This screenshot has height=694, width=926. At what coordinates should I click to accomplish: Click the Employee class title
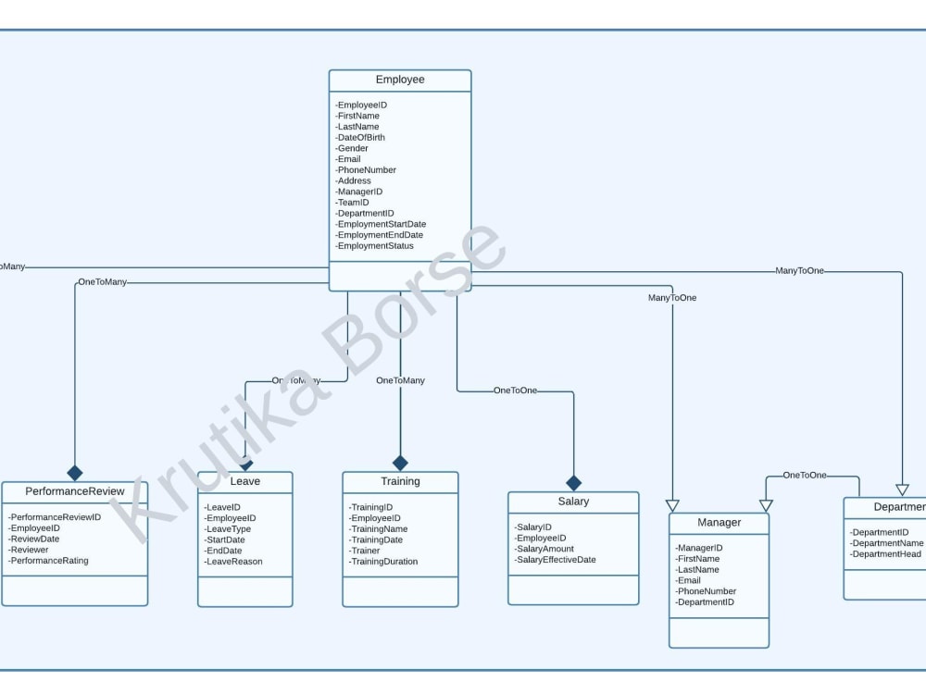[x=400, y=80]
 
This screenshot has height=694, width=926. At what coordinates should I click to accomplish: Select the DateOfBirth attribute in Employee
[x=361, y=138]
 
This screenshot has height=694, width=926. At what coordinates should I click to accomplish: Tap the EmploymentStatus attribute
[x=375, y=246]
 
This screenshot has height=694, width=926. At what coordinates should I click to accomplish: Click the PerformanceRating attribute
[x=49, y=561]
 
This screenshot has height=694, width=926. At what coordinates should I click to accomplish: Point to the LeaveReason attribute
[x=233, y=562]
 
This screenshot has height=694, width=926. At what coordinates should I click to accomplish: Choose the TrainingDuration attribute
[x=383, y=562]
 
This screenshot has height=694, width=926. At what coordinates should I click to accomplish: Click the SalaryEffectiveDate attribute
[x=556, y=560]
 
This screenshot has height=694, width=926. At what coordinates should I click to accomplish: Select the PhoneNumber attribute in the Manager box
[x=706, y=591]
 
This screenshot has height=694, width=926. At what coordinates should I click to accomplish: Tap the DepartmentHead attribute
[x=886, y=554]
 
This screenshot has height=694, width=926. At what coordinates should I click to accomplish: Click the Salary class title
[x=573, y=502]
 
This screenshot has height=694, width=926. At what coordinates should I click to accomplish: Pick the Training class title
[x=400, y=481]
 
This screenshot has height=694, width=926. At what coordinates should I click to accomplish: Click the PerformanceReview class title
[x=75, y=491]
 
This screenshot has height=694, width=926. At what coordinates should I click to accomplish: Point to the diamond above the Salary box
[x=573, y=483]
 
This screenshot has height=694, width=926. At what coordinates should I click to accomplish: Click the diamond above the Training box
[x=400, y=463]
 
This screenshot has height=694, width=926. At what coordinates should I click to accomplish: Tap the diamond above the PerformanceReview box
[x=75, y=473]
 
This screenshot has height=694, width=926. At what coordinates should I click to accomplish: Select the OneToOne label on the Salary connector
[x=515, y=390]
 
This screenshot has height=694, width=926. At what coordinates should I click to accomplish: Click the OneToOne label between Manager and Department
[x=805, y=476]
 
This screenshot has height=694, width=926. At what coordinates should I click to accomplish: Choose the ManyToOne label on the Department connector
[x=799, y=271]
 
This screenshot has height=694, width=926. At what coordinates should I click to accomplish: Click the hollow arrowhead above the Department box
[x=902, y=490]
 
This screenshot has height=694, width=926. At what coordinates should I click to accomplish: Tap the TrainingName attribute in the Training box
[x=378, y=529]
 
